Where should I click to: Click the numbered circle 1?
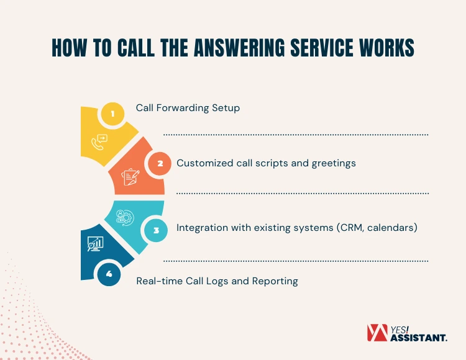(x=112, y=114)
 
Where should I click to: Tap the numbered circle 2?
(x=160, y=164)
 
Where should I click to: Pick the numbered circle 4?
(x=109, y=274)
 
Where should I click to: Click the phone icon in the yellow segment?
(x=98, y=142)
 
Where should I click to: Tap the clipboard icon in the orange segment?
(x=130, y=177)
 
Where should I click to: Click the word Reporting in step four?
(x=275, y=281)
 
